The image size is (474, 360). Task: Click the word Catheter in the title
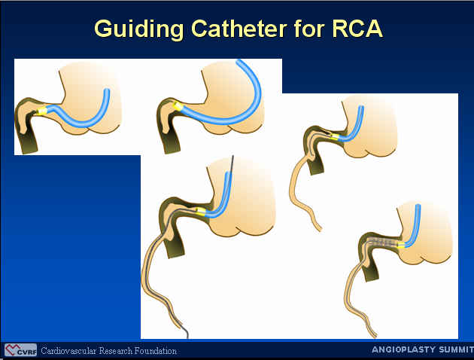coord(239,29)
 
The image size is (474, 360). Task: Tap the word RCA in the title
coord(357,29)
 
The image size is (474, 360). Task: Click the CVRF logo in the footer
coord(20,350)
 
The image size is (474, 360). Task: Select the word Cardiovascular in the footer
coord(68,351)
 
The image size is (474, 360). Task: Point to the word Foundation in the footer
coord(156,351)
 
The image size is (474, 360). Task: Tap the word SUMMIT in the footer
coord(456,349)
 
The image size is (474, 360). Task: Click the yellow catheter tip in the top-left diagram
coord(41,111)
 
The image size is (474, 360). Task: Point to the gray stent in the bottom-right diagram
coord(383,242)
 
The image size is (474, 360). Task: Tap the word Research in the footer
coord(115,351)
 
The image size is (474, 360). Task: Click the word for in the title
coord(308,29)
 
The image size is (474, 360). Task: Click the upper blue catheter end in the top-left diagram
coord(107,91)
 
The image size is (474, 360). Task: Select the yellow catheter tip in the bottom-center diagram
coord(201,212)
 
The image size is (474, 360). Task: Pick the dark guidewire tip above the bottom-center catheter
coord(232,157)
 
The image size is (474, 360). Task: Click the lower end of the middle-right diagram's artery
coord(320,229)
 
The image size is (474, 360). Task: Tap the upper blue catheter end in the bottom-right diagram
coord(418,206)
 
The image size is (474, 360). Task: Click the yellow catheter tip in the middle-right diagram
coord(336,137)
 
